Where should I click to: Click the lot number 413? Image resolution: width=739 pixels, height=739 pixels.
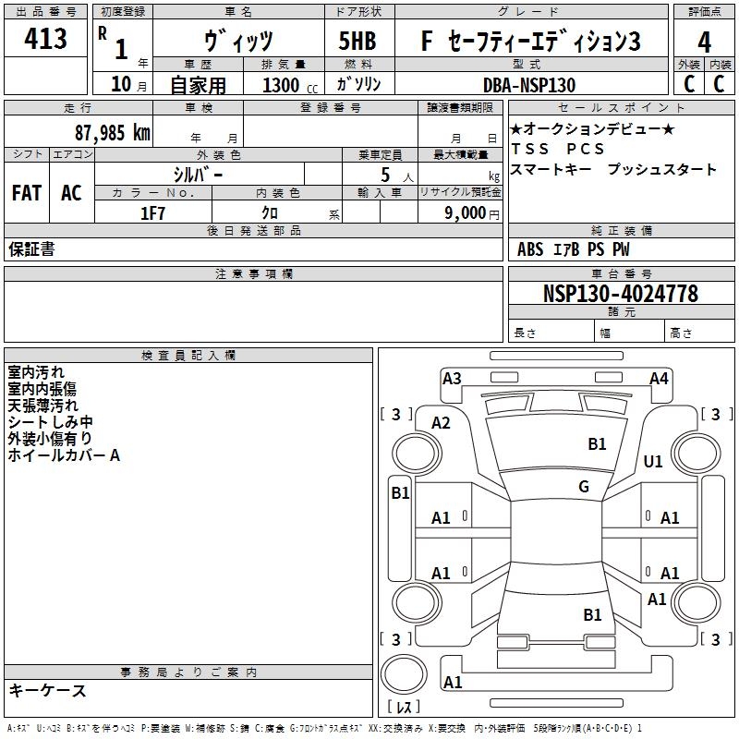46,39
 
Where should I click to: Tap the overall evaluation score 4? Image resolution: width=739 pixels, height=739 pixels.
704,42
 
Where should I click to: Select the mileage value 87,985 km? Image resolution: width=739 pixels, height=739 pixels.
112,133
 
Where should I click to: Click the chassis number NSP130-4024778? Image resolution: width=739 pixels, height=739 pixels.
620,294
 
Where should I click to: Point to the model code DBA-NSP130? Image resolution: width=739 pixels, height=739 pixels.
529,84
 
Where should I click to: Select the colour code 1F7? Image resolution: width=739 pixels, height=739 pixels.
152,212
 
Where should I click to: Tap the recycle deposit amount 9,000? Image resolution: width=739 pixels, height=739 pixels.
465,213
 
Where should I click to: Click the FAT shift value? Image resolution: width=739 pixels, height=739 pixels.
26,193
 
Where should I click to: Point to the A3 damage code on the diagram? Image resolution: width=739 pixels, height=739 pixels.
452,378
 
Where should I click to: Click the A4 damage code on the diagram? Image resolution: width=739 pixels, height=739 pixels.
659,378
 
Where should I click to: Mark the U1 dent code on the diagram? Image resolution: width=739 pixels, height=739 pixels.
653,461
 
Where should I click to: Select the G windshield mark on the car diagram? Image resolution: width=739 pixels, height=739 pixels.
583,486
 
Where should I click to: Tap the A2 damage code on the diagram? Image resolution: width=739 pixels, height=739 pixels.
441,422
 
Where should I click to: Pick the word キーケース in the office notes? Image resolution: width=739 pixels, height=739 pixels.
48,691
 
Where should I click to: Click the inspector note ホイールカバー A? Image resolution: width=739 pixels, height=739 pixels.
64,455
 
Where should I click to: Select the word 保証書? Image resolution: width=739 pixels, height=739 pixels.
31,249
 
